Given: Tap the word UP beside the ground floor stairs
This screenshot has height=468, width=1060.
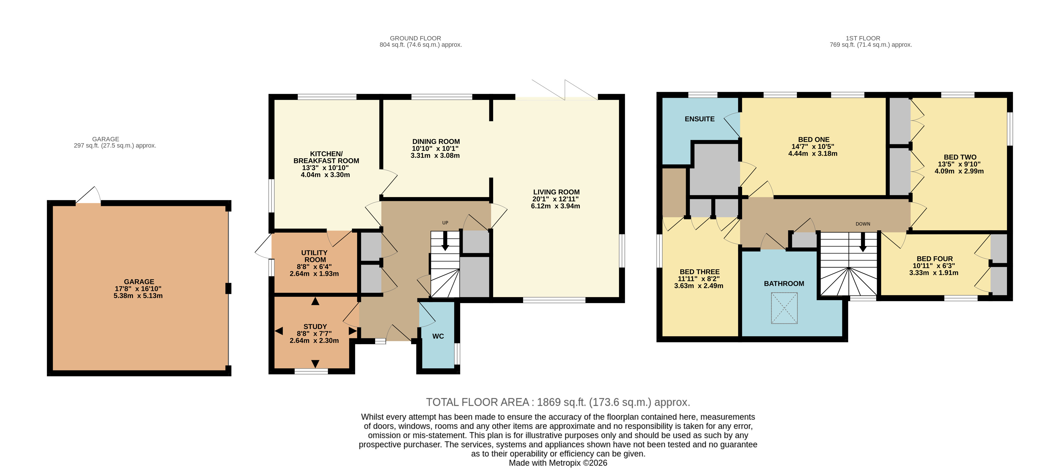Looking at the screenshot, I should [445, 223].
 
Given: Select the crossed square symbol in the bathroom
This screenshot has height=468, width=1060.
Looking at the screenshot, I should [784, 308].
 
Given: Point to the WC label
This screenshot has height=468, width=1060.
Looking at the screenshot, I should [438, 336].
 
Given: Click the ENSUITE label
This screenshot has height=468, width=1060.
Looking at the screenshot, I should [699, 119].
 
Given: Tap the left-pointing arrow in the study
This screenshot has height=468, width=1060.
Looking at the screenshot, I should [279, 331].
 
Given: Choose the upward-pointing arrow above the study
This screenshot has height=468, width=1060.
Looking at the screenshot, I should [315, 301].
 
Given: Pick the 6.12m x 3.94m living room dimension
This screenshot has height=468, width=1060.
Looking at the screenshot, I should [555, 206].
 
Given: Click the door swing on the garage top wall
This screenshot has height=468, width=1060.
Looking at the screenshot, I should [89, 195].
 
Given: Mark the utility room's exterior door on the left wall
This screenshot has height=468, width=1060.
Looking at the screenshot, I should [264, 246].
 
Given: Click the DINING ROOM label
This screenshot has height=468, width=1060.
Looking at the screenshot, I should [436, 141].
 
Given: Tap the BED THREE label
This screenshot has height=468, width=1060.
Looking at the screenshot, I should [699, 272].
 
